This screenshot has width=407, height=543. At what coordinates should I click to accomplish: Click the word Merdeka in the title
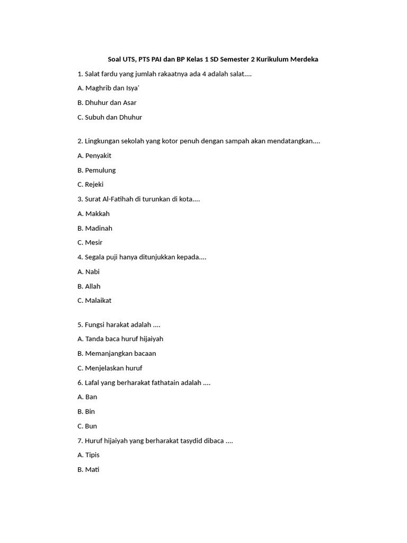(304, 59)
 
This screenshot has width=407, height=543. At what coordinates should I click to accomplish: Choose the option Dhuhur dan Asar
(107, 103)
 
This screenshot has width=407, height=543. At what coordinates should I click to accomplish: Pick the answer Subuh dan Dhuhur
(109, 117)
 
